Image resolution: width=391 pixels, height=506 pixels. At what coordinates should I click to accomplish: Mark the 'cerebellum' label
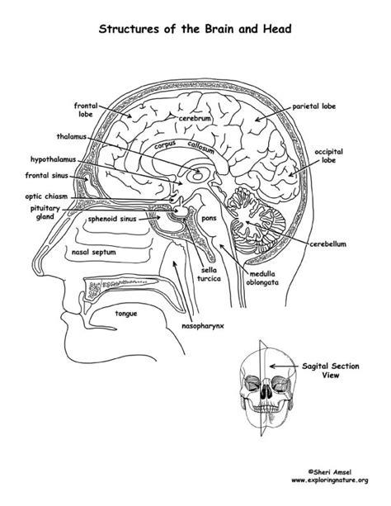tap(327, 244)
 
